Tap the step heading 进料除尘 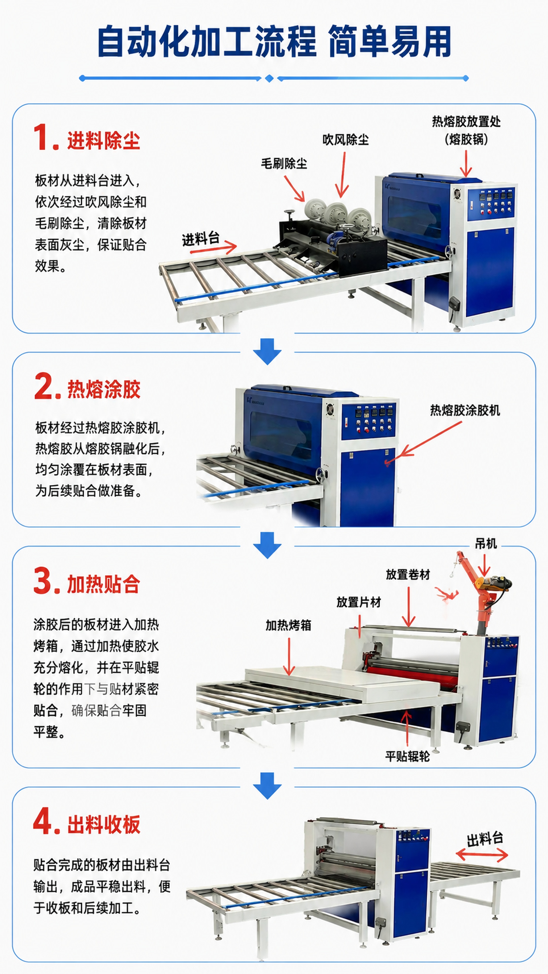pyautogui.click(x=104, y=141)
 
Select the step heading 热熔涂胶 pyautogui.click(x=104, y=389)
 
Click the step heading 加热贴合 pyautogui.click(x=104, y=584)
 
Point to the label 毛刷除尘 pyautogui.click(x=284, y=164)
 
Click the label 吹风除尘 pyautogui.click(x=346, y=140)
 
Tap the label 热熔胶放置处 pyautogui.click(x=466, y=122)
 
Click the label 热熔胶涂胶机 pyautogui.click(x=465, y=410)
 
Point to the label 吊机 pyautogui.click(x=486, y=544)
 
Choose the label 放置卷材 pyautogui.click(x=408, y=575)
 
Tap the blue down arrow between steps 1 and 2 pyautogui.click(x=267, y=351)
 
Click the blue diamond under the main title pyautogui.click(x=269, y=78)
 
